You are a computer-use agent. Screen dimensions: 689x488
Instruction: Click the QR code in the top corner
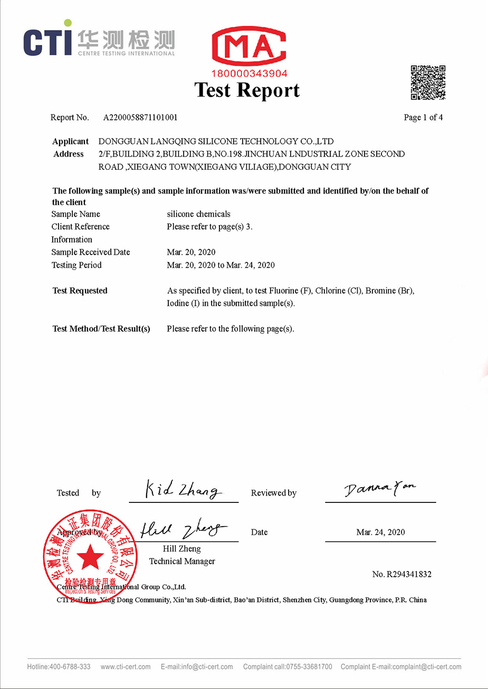(x=428, y=83)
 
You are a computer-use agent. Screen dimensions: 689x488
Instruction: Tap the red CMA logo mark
(x=249, y=47)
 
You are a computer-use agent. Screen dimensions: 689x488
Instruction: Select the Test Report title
(x=247, y=90)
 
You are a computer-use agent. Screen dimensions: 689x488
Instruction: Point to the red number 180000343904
(x=249, y=74)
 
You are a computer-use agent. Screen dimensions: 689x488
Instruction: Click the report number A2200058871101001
(x=140, y=118)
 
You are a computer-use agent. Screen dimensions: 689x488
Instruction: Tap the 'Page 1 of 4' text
(x=423, y=118)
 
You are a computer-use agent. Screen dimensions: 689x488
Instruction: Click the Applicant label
(x=70, y=141)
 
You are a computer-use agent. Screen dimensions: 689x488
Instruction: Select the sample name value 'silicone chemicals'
(x=198, y=214)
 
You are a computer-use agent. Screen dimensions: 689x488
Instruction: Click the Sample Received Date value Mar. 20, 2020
(x=191, y=252)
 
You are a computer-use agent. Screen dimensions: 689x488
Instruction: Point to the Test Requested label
(x=80, y=290)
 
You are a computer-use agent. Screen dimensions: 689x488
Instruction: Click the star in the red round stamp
(x=90, y=556)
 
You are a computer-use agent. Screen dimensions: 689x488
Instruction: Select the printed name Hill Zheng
(x=182, y=549)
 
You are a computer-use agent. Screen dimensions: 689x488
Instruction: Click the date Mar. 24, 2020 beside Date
(x=380, y=532)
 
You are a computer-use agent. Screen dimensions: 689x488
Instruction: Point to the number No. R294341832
(x=401, y=574)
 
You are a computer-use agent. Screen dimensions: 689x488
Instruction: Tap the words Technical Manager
(x=182, y=561)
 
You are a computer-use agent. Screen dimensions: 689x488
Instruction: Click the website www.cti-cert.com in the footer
(x=126, y=667)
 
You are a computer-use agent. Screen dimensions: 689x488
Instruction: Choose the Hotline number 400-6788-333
(x=70, y=667)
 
